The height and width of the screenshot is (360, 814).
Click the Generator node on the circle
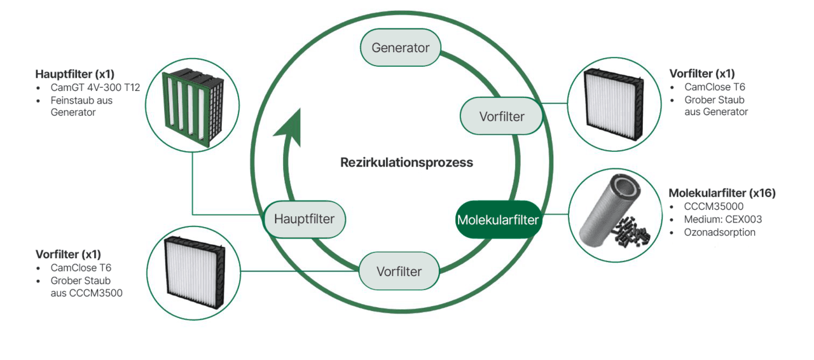click(x=400, y=48)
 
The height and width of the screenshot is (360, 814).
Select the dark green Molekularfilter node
click(x=497, y=220)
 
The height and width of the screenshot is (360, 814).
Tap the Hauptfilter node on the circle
click(x=304, y=219)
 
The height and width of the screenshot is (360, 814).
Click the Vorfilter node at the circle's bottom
click(x=399, y=272)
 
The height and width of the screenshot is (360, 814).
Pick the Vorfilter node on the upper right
click(x=502, y=116)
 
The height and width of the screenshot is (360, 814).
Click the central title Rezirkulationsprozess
click(x=406, y=162)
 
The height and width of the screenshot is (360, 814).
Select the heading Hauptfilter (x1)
click(x=76, y=74)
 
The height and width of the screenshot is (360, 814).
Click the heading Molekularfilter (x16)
click(x=722, y=193)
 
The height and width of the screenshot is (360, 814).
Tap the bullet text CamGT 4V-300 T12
click(x=95, y=88)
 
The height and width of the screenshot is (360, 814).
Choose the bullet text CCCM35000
click(x=714, y=207)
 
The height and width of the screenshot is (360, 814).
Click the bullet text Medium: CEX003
click(x=722, y=219)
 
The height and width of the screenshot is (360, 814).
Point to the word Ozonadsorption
click(x=719, y=232)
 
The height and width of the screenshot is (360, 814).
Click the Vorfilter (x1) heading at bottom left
click(x=68, y=254)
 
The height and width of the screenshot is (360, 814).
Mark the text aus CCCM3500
click(x=86, y=293)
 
